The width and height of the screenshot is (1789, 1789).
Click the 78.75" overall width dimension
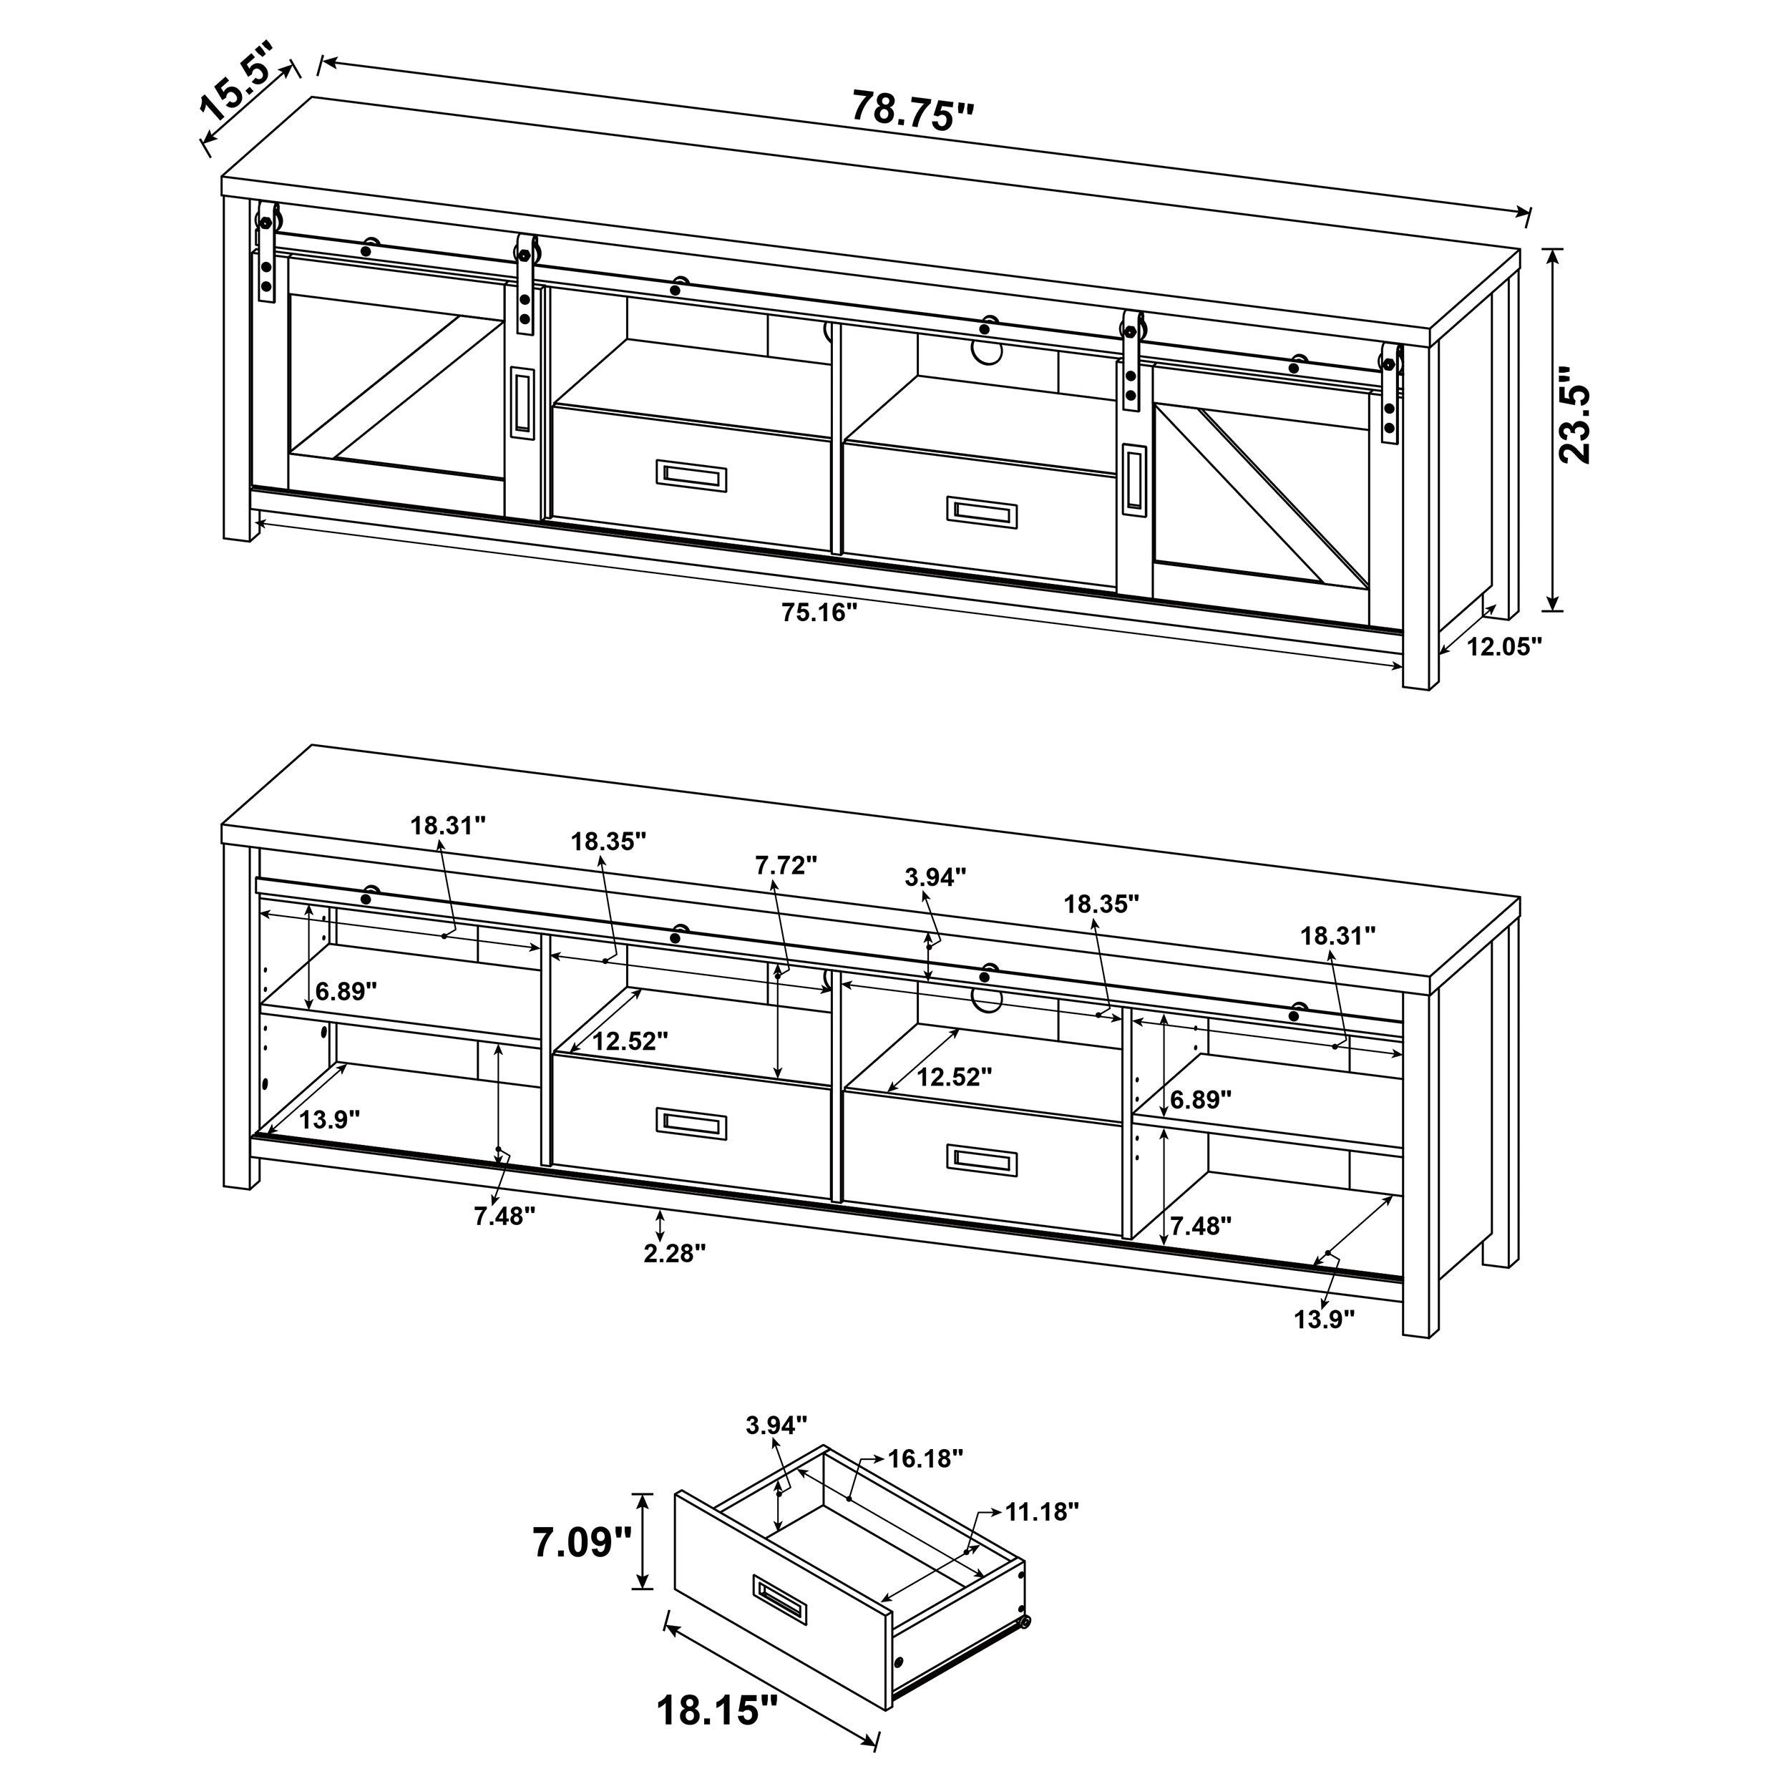pyautogui.click(x=912, y=111)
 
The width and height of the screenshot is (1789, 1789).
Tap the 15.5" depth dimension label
pyautogui.click(x=238, y=82)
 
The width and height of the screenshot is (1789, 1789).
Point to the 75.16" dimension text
pyautogui.click(x=819, y=613)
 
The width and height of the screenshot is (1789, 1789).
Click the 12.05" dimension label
pyautogui.click(x=1505, y=646)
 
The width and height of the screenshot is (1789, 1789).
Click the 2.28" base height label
pyautogui.click(x=675, y=1253)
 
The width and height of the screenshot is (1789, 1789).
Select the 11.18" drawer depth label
pyautogui.click(x=1043, y=1512)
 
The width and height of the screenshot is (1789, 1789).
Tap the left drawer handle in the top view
pyautogui.click(x=692, y=476)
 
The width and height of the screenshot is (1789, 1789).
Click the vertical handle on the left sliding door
pyautogui.click(x=522, y=401)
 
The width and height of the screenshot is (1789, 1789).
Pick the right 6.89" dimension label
pyautogui.click(x=1200, y=1099)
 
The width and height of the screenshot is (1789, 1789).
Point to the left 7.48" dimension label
pyautogui.click(x=504, y=1216)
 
